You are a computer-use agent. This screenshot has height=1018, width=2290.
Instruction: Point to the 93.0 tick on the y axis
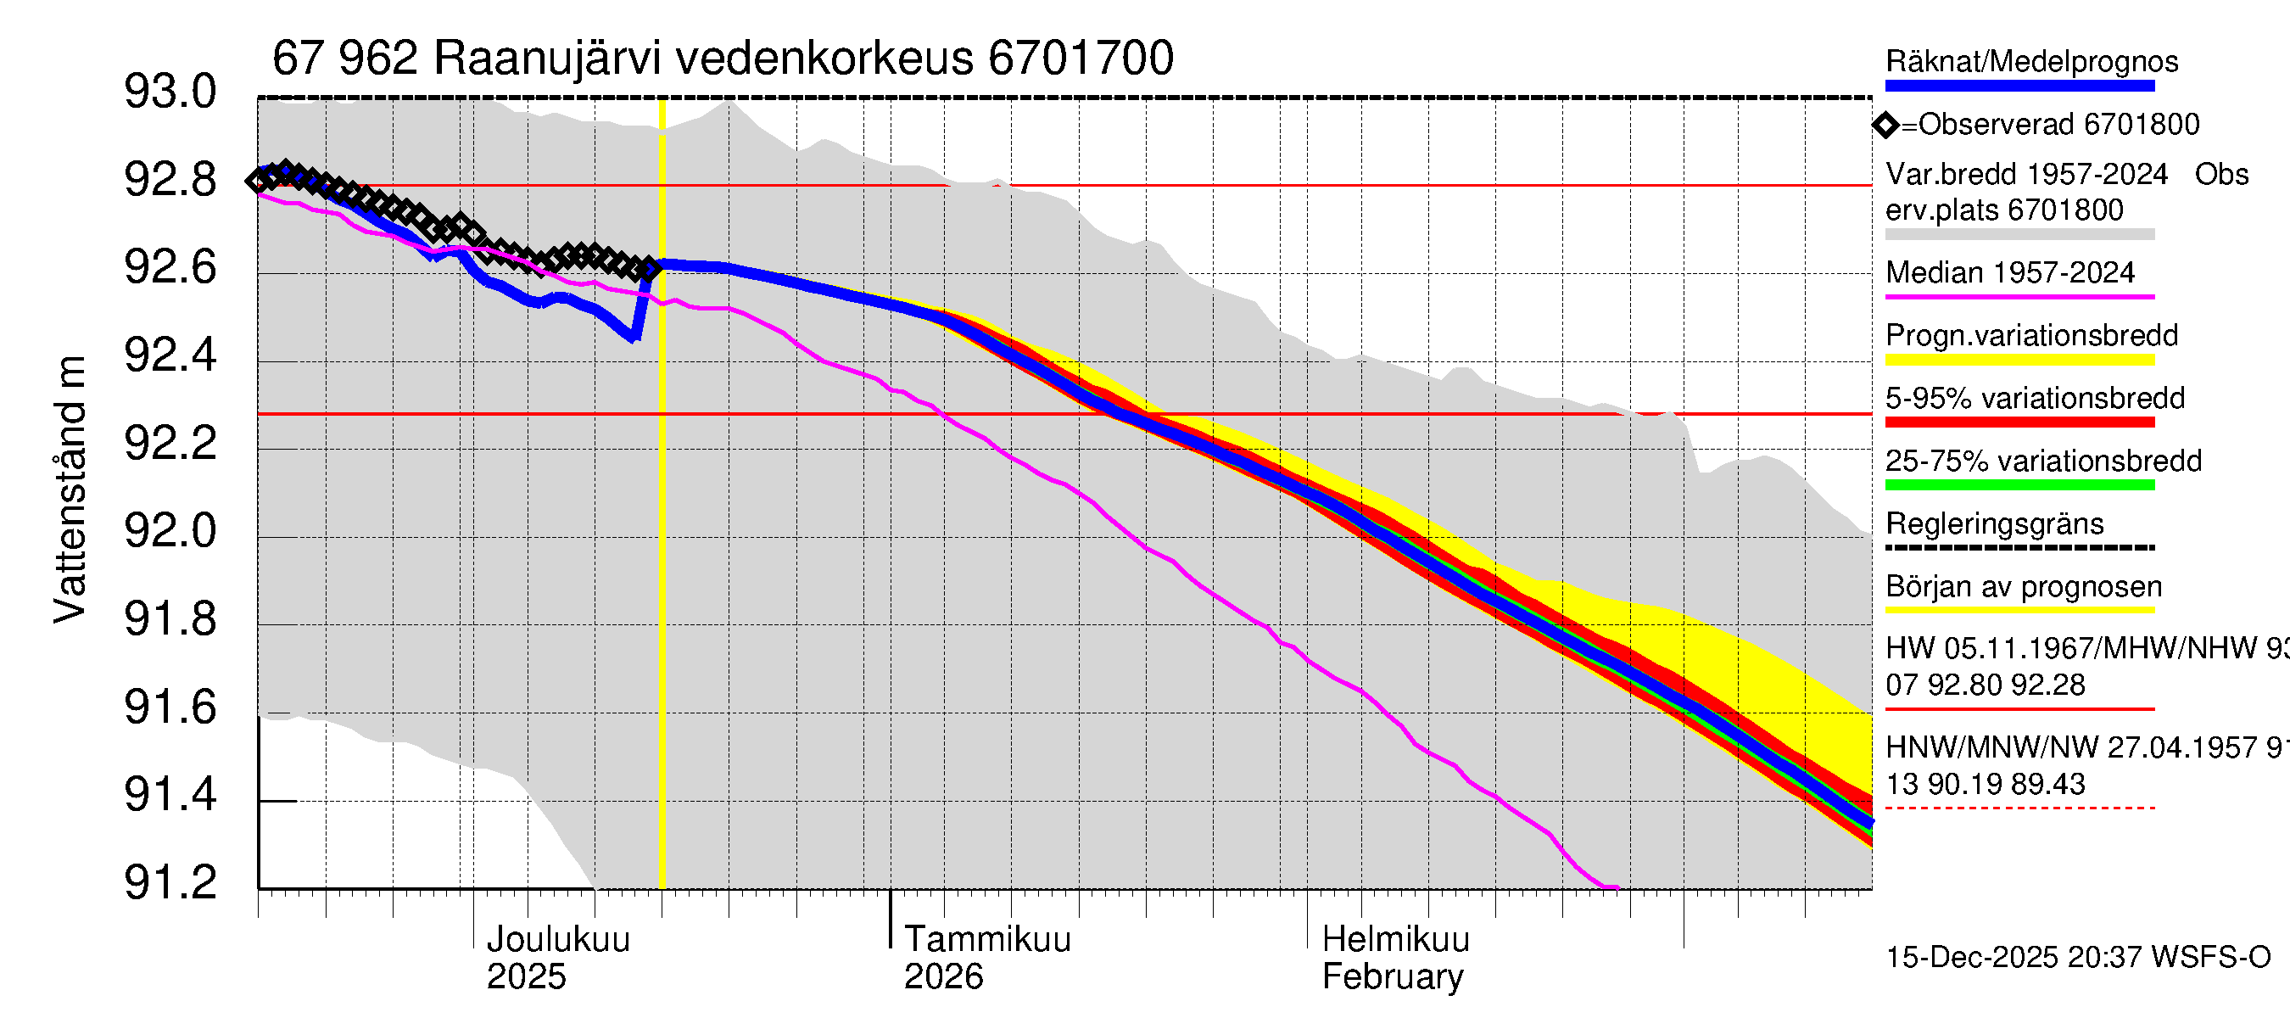click(x=170, y=92)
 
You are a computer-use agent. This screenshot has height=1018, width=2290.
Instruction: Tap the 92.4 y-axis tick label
click(x=170, y=355)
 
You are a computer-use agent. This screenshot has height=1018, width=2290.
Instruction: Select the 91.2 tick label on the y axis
click(x=170, y=883)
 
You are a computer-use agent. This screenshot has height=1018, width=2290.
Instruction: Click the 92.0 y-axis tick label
click(x=170, y=532)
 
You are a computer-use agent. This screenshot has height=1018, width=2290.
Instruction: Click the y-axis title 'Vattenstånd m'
click(x=70, y=489)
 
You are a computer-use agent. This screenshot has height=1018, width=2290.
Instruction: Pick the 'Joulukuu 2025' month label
click(x=557, y=958)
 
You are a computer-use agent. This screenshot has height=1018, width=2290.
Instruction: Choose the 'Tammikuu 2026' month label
click(x=986, y=958)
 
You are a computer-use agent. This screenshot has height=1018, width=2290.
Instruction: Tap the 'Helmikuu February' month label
click(x=1395, y=958)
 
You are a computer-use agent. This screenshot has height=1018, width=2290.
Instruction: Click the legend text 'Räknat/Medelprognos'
click(x=2031, y=61)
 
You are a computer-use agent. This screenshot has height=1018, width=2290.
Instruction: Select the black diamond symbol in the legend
click(x=1885, y=126)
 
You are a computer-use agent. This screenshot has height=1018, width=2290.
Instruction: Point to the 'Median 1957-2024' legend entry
click(x=2009, y=272)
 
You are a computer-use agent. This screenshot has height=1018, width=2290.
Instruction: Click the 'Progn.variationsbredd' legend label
click(x=2031, y=335)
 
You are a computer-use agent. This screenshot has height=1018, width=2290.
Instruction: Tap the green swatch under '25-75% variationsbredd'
click(x=2019, y=485)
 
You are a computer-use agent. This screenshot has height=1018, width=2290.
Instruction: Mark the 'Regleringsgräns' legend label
click(x=1994, y=523)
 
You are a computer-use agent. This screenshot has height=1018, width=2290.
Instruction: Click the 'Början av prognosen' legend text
click(x=2024, y=587)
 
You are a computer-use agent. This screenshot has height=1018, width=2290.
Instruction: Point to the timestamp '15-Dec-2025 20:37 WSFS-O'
click(x=2077, y=958)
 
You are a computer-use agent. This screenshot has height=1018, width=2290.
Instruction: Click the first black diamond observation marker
click(x=259, y=181)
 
